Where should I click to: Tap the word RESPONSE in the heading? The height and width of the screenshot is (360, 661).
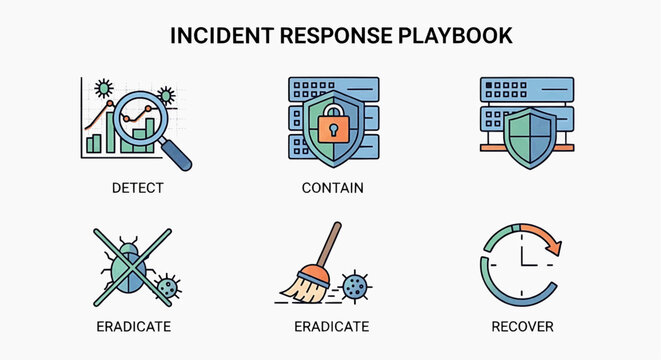[x=336, y=35]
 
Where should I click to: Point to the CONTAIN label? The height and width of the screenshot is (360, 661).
[x=332, y=187]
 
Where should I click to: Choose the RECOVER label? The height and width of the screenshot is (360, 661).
[x=522, y=326]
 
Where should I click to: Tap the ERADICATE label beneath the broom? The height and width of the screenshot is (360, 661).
[x=332, y=326]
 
